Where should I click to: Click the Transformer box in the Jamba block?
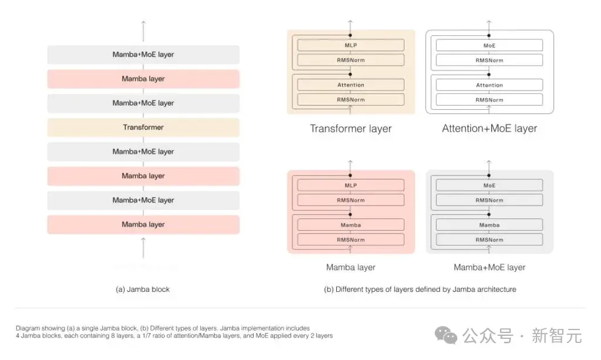[143, 127]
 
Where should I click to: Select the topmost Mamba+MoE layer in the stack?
[143, 55]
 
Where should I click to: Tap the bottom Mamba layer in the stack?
[143, 224]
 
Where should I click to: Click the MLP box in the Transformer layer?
[351, 45]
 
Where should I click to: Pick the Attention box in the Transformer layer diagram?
[351, 85]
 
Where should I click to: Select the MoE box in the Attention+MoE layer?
[489, 45]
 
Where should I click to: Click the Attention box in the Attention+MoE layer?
[489, 85]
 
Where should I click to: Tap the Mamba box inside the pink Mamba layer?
[351, 225]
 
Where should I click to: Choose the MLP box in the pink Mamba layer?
[351, 185]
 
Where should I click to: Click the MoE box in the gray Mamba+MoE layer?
[489, 185]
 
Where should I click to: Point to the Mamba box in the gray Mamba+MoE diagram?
[489, 225]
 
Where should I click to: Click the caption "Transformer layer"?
[351, 129]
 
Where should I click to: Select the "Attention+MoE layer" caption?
[489, 129]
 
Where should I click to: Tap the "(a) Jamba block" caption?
[143, 290]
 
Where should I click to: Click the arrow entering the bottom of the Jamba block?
[143, 248]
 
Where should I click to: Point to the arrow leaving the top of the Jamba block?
[143, 31]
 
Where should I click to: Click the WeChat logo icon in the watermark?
[446, 335]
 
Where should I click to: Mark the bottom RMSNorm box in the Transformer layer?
[351, 100]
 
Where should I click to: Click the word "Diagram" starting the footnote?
[28, 328]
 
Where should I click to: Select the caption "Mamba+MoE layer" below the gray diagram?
[489, 267]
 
